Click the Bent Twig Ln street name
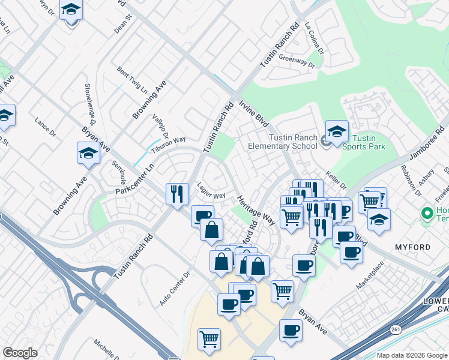[x=132, y=81]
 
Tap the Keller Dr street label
[x=337, y=179]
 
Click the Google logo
[x=20, y=353]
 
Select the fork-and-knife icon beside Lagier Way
[x=176, y=193]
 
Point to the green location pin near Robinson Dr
[x=427, y=212]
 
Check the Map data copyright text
[x=412, y=355]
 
